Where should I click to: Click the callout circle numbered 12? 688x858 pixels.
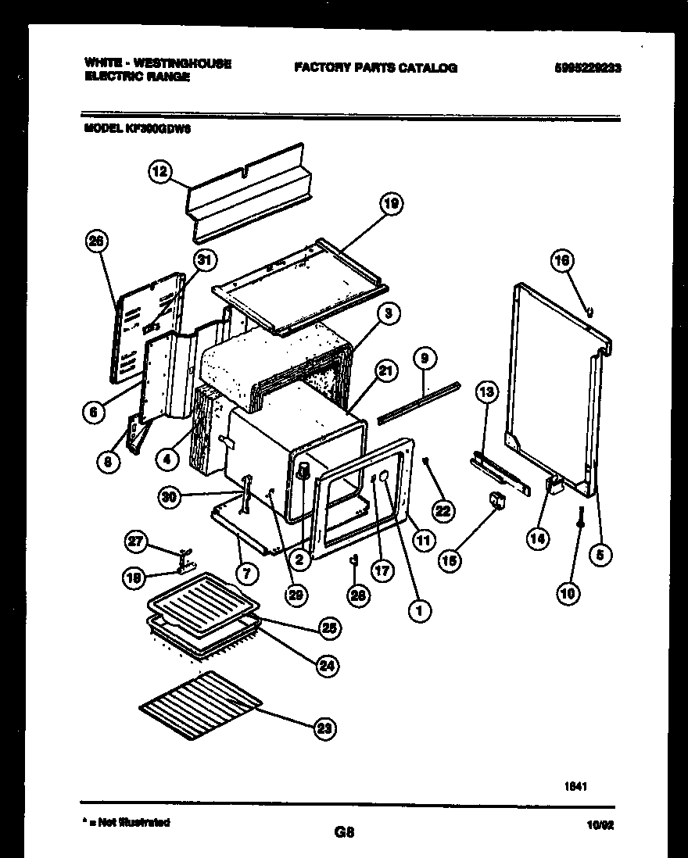pyautogui.click(x=160, y=172)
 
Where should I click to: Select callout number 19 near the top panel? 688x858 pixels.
pyautogui.click(x=391, y=204)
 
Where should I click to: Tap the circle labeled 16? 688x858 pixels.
pyautogui.click(x=562, y=260)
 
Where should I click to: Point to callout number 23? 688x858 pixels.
pyautogui.click(x=324, y=729)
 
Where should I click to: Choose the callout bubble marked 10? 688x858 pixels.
pyautogui.click(x=568, y=594)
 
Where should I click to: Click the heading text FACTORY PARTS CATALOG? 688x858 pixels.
pyautogui.click(x=375, y=68)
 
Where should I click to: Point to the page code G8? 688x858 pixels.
pyautogui.click(x=344, y=832)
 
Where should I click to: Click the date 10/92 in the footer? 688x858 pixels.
pyautogui.click(x=600, y=824)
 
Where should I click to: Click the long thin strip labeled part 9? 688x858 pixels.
pyautogui.click(x=418, y=402)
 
